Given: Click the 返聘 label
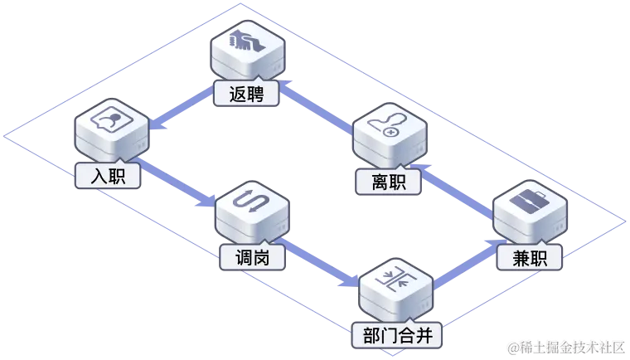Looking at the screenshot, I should tap(245, 95).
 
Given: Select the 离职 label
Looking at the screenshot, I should tap(385, 180).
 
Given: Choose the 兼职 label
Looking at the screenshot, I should tap(530, 258).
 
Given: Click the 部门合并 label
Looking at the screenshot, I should tap(397, 336).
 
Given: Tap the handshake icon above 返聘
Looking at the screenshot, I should tap(246, 41).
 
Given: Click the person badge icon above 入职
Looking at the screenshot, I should tap(109, 122).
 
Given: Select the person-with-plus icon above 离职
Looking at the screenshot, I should tap(387, 127).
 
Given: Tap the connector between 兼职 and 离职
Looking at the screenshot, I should tap(458, 187).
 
